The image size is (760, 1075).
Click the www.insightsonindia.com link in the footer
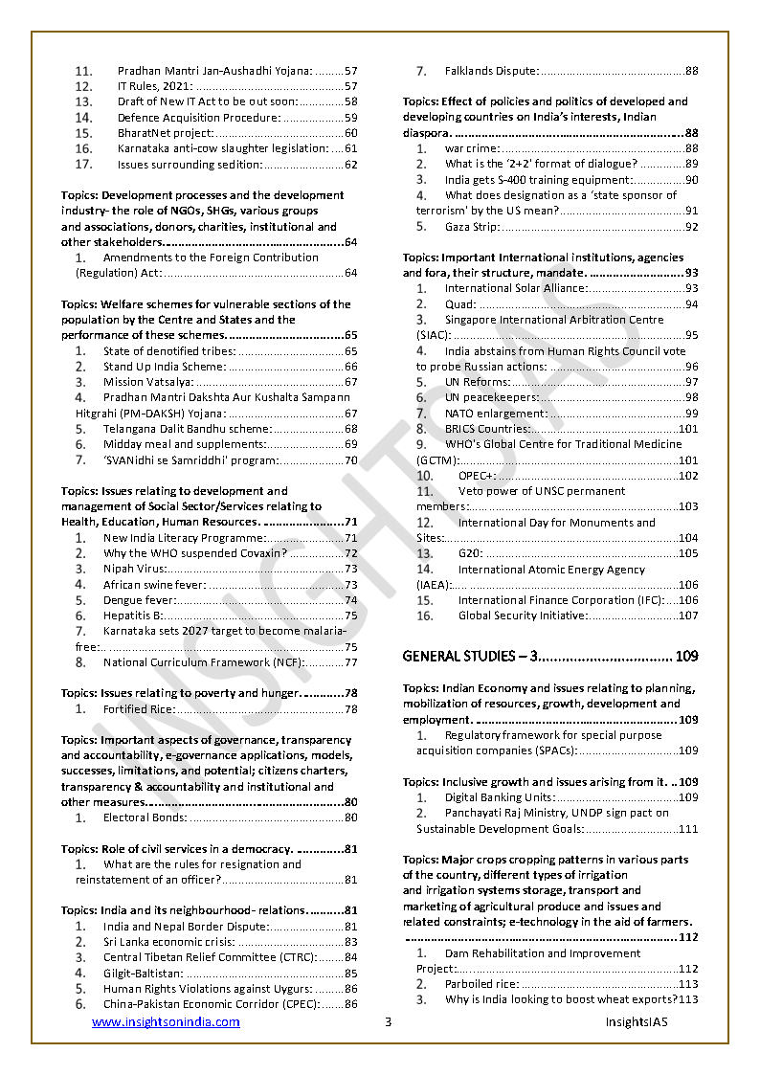pyautogui.click(x=166, y=1022)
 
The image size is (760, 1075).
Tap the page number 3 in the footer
pyautogui.click(x=388, y=1022)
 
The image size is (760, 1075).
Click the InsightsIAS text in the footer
pyautogui.click(x=637, y=1022)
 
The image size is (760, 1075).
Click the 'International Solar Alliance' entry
pyautogui.click(x=516, y=288)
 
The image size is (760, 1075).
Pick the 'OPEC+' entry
pyautogui.click(x=478, y=476)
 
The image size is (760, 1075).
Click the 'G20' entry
pyautogui.click(x=471, y=553)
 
